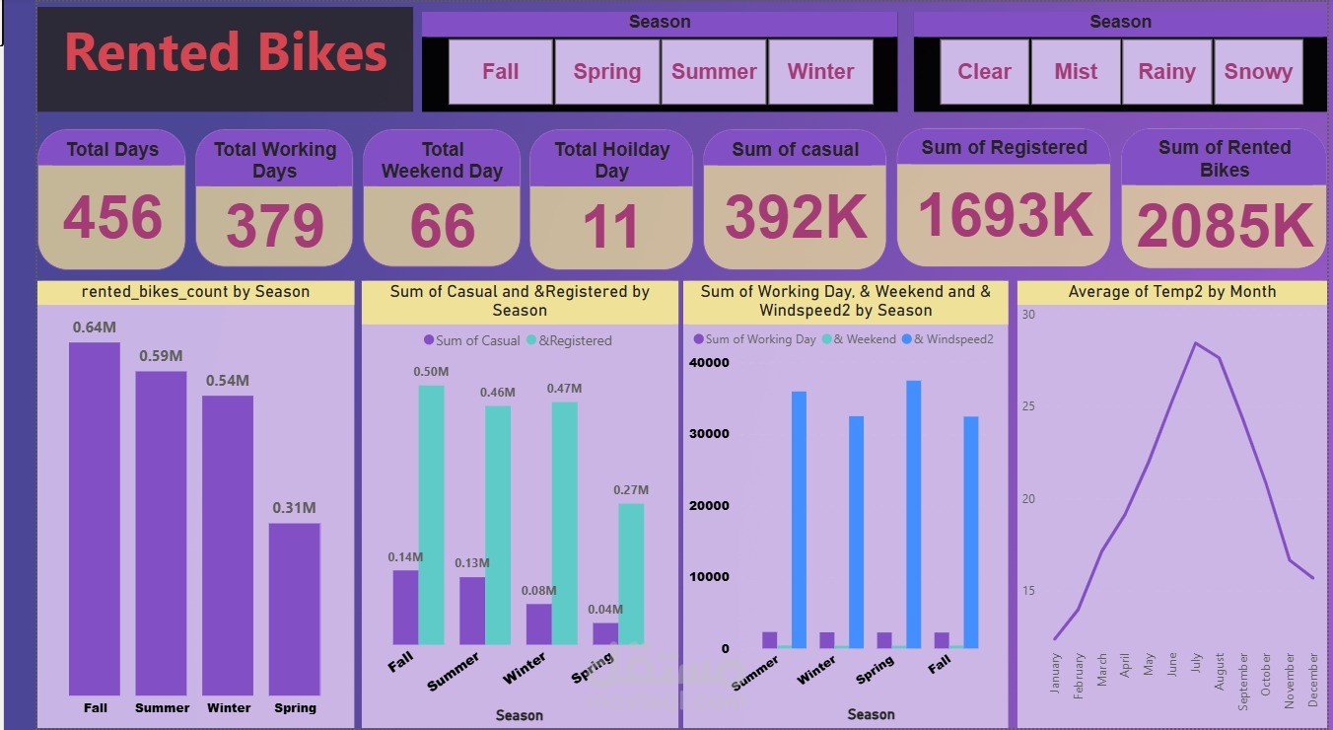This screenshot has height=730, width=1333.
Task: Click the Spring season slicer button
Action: click(x=607, y=72)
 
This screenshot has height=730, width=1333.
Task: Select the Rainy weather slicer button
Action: click(x=1166, y=72)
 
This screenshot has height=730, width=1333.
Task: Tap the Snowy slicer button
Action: click(x=1258, y=72)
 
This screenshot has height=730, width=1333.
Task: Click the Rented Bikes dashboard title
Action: click(x=226, y=53)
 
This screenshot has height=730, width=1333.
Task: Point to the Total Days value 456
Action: click(x=112, y=218)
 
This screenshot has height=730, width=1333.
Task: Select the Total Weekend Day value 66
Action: click(x=443, y=226)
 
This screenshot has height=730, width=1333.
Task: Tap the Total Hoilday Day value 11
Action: click(x=611, y=226)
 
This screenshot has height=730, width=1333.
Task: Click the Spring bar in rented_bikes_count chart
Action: click(x=295, y=609)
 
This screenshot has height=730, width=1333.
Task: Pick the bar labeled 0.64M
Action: click(x=95, y=518)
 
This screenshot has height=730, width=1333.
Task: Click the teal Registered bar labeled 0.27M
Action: click(x=631, y=573)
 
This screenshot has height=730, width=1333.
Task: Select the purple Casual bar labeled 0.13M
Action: click(x=472, y=610)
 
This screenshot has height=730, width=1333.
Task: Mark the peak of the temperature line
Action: click(x=1196, y=343)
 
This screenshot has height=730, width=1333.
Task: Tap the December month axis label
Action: click(x=1313, y=680)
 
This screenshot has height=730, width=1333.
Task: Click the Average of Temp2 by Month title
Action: click(x=1171, y=292)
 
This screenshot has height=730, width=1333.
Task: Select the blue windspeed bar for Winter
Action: click(x=856, y=532)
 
